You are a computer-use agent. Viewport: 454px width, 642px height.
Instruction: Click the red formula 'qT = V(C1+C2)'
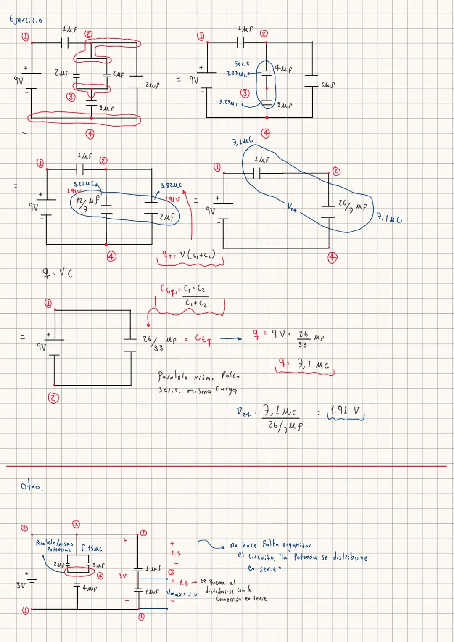click(189, 255)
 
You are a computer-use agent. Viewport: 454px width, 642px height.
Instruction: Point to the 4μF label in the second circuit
click(284, 68)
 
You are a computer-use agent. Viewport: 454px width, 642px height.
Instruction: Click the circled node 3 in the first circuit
click(71, 97)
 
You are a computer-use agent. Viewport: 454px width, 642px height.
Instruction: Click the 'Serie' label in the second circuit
click(242, 64)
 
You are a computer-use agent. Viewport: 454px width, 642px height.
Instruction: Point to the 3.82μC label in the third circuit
click(171, 185)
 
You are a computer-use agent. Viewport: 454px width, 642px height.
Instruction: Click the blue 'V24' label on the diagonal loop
click(292, 207)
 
